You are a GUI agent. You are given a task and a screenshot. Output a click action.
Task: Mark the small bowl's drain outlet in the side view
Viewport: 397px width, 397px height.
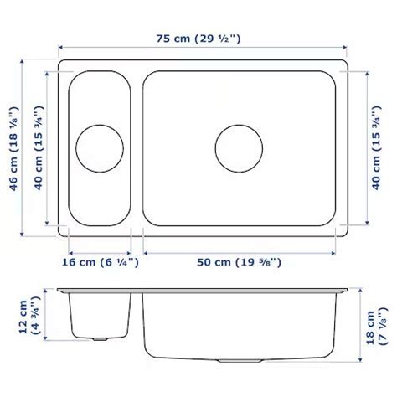[100, 340]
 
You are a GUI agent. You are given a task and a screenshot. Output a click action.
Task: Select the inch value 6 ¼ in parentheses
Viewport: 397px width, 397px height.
[118, 263]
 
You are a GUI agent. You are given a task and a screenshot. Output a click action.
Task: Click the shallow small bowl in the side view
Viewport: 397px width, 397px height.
[100, 314]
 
